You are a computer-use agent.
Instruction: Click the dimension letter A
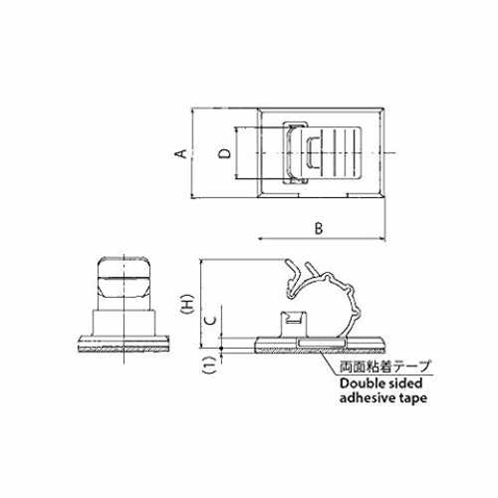(181, 153)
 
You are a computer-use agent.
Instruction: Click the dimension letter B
(319, 228)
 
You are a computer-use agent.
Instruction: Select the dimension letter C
(210, 320)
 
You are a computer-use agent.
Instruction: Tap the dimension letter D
(225, 153)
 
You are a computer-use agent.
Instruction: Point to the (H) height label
(188, 304)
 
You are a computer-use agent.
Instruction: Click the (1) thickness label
(210, 366)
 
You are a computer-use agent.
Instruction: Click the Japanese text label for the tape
(384, 367)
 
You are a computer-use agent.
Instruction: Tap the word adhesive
(367, 397)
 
